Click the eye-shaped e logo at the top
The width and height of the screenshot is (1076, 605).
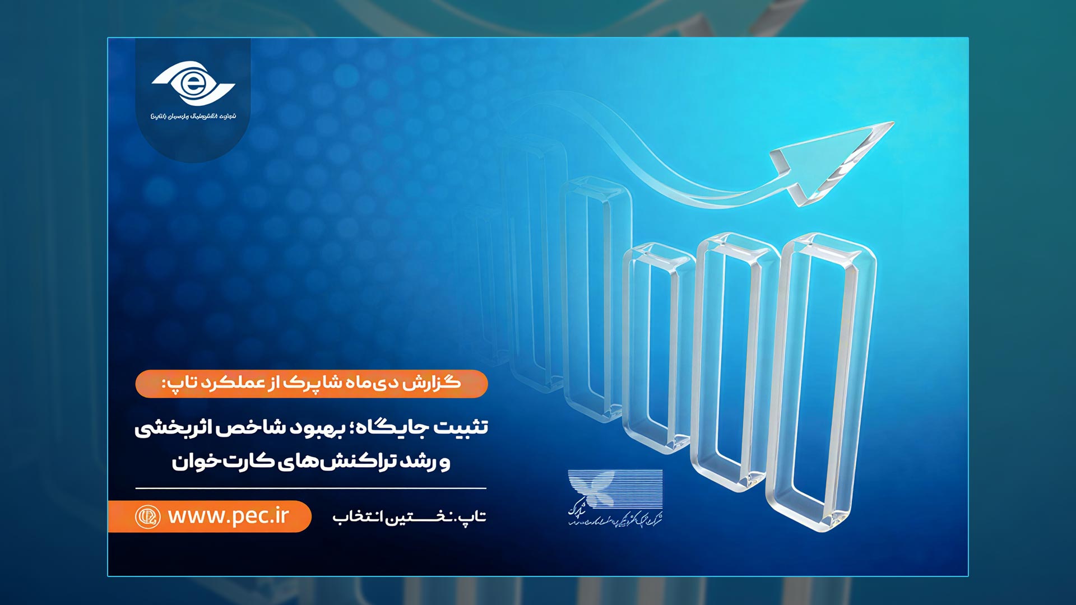click(x=193, y=84)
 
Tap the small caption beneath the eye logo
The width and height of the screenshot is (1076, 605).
click(x=193, y=116)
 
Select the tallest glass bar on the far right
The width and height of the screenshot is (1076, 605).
click(x=821, y=381)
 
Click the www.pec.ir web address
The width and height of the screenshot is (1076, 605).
click(x=229, y=515)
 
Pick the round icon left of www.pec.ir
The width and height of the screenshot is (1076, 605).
click(x=148, y=516)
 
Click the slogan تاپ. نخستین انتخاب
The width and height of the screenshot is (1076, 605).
click(x=409, y=516)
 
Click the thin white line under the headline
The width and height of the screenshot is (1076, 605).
click(x=310, y=488)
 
